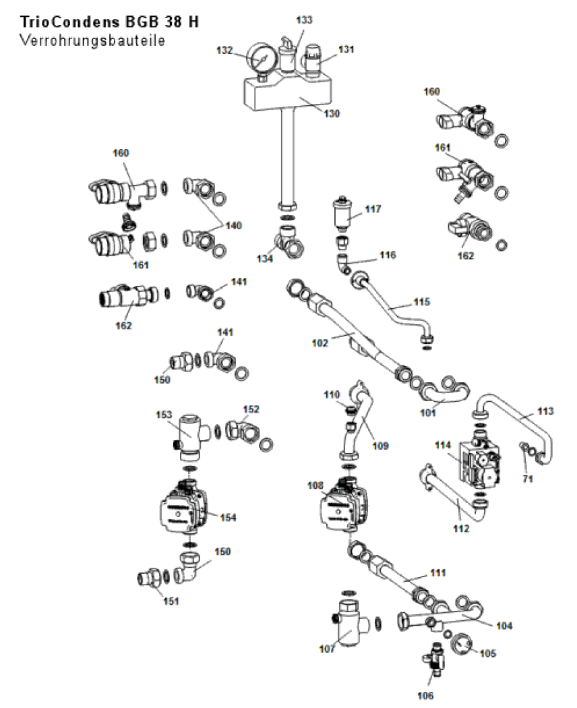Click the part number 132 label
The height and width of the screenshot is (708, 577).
tap(224, 50)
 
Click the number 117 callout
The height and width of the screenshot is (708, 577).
tap(373, 210)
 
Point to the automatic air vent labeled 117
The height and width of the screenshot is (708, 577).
tap(344, 214)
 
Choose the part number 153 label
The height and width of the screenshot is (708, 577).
tap(164, 414)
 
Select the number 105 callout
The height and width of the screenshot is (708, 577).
tap(487, 653)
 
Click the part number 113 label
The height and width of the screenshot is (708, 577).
tap(545, 410)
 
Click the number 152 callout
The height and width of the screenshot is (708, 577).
tap(251, 409)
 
